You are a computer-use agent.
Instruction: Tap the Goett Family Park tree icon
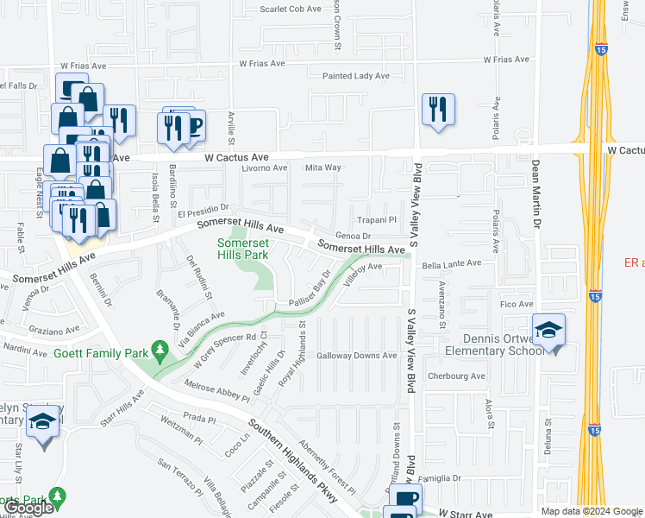coord(159,350)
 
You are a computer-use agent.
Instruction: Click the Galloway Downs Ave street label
coord(356,356)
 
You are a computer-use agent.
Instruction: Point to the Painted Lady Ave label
coord(355,76)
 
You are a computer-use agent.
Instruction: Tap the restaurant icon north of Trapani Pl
coord(438,110)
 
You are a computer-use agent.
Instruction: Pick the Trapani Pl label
coord(377,220)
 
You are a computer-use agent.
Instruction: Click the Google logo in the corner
coord(29,508)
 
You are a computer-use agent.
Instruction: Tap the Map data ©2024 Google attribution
coord(592,511)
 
